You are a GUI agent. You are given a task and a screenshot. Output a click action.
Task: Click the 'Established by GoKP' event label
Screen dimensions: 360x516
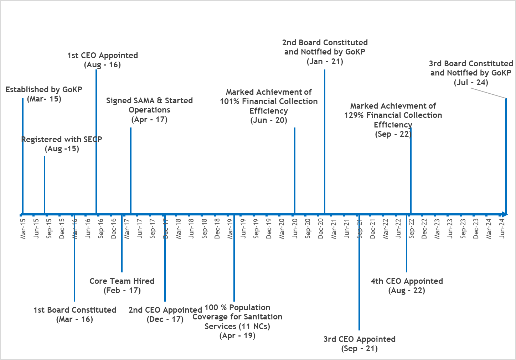tap(44, 90)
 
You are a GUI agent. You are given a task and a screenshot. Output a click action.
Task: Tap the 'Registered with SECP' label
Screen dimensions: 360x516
tap(62, 140)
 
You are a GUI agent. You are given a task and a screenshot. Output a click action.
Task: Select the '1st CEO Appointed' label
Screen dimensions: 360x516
tap(103, 56)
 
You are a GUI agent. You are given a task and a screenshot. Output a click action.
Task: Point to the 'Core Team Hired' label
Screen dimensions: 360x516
tap(122, 281)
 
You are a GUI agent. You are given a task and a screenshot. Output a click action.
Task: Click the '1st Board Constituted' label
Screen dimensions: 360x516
tap(75, 310)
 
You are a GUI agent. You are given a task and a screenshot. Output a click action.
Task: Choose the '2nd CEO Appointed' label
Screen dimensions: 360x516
tap(165, 310)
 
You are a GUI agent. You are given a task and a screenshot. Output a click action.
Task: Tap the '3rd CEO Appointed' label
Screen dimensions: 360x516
tap(360, 339)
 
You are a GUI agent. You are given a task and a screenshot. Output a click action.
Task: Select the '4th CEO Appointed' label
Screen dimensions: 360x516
tap(407, 281)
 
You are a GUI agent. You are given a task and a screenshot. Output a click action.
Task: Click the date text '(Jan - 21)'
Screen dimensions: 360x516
tap(325, 62)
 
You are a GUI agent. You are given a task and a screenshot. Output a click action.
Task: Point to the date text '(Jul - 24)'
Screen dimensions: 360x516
tap(471, 83)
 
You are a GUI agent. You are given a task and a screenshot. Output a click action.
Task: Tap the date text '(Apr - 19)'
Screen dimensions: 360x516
tap(237, 336)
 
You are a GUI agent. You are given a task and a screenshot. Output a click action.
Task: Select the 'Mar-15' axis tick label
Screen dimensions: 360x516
tap(23, 228)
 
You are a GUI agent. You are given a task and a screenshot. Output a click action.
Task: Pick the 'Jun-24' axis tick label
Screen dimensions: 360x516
tap(502, 228)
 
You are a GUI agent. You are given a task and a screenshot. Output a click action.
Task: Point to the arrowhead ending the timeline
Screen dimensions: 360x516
tap(504, 214)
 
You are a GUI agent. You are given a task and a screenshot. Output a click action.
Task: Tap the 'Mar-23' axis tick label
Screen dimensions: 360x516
tap(437, 228)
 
